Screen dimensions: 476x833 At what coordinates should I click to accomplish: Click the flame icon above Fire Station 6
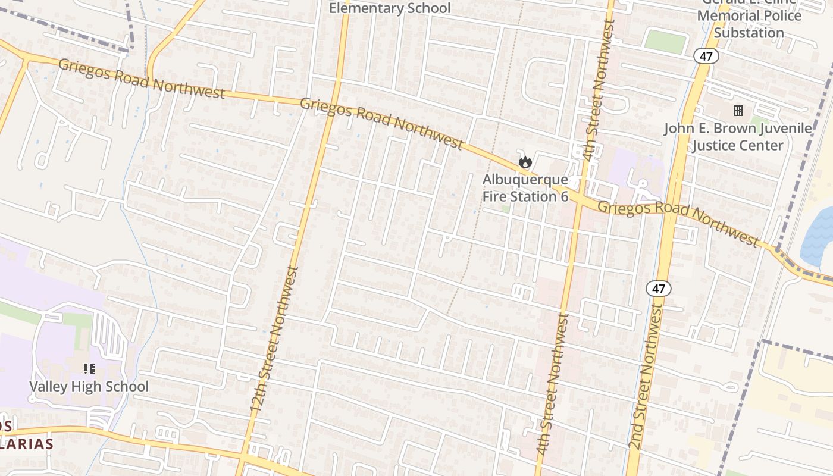(x=525, y=161)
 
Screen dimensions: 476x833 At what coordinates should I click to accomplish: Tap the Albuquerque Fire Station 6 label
(x=525, y=187)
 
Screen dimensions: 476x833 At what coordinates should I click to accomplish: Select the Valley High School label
(x=89, y=386)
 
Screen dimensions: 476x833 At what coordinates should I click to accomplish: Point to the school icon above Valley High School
(x=89, y=369)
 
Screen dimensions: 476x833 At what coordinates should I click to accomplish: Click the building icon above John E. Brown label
(x=738, y=111)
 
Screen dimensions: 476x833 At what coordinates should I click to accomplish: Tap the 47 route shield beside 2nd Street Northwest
(x=658, y=289)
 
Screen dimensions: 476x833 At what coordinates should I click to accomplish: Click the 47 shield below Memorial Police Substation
(x=706, y=57)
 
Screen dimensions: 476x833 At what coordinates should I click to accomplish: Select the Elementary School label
(x=390, y=8)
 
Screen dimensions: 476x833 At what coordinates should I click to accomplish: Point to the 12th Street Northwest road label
(x=275, y=340)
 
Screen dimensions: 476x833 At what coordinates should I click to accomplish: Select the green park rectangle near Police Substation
(x=665, y=42)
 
